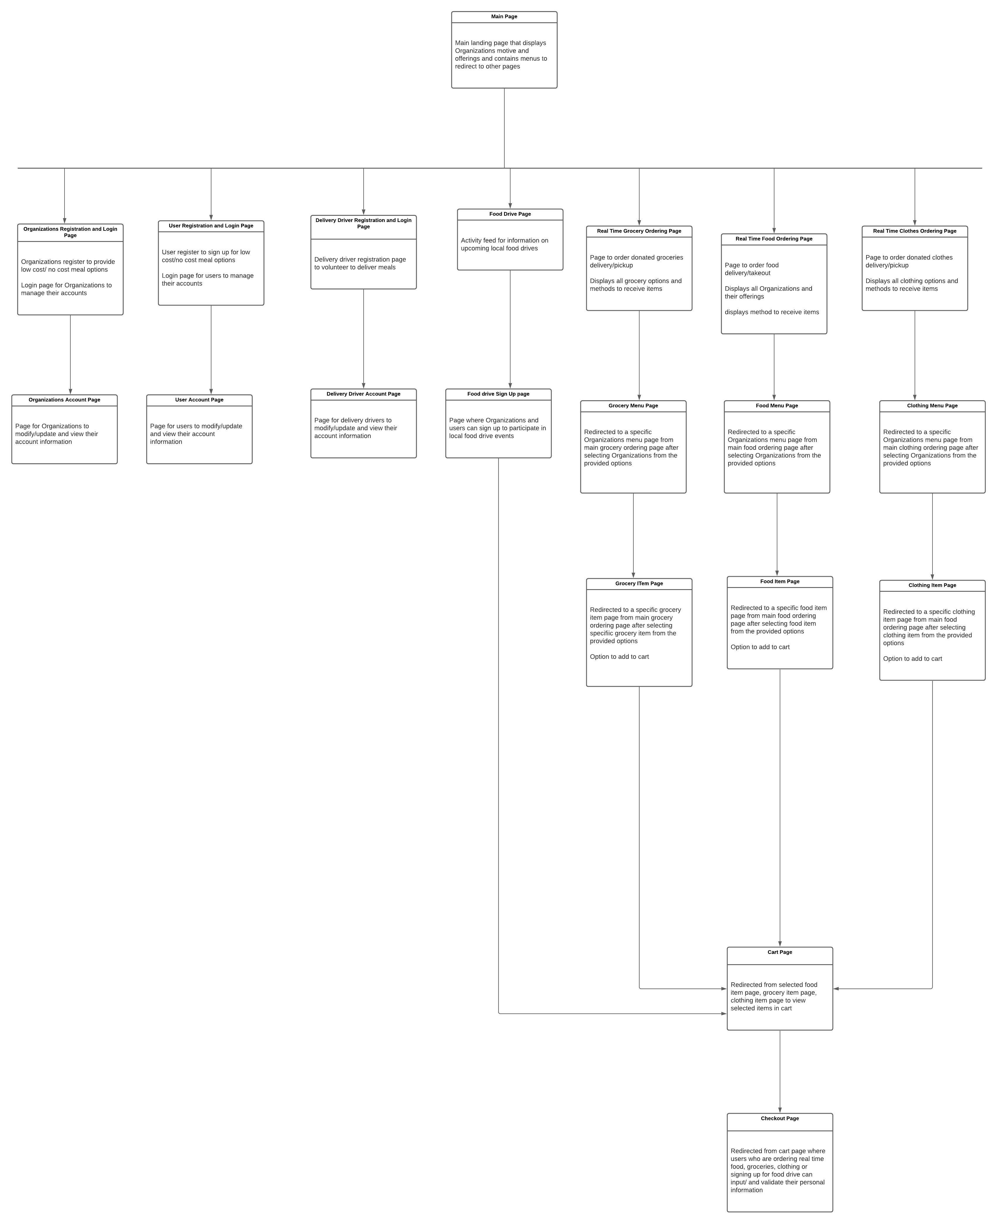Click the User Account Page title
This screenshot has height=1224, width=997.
click(199, 400)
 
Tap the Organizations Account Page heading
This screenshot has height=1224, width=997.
click(64, 400)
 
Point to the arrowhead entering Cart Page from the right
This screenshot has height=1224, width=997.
click(836, 989)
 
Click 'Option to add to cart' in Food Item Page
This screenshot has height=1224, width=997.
click(760, 647)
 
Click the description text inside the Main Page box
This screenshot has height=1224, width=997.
click(501, 55)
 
